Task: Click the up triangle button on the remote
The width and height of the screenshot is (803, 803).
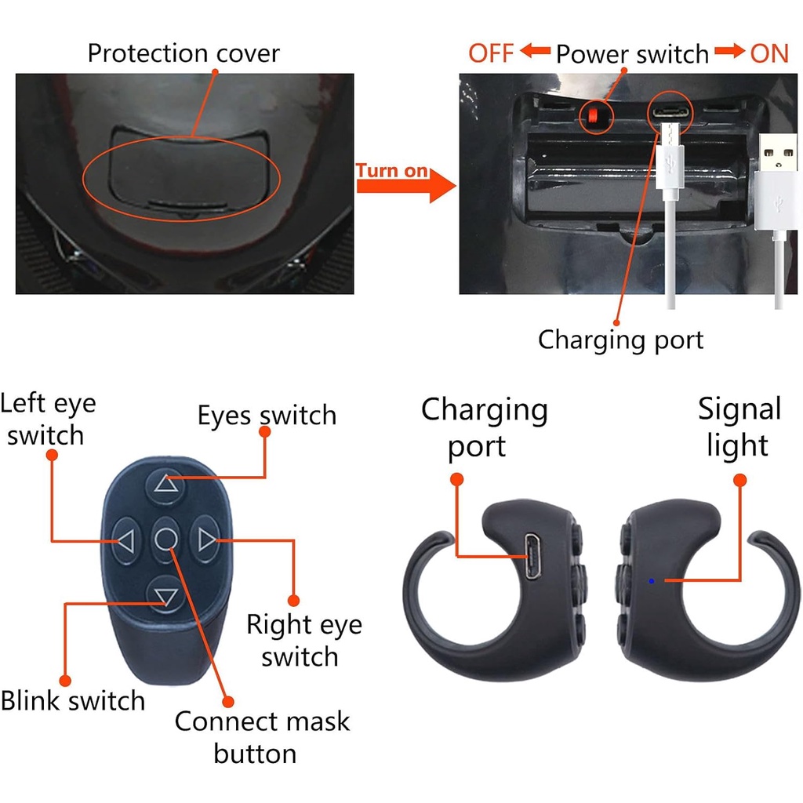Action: (166, 485)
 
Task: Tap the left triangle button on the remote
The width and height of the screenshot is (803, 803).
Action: (126, 541)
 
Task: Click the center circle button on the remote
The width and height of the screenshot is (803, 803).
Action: (166, 540)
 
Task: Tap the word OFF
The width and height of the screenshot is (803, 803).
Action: (491, 53)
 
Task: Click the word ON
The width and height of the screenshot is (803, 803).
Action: (769, 53)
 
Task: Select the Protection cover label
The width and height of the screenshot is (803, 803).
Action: (183, 53)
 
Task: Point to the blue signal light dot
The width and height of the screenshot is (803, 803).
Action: (652, 581)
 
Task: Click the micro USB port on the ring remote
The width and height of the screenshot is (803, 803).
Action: (532, 557)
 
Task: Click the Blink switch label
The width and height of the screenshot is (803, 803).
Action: (73, 700)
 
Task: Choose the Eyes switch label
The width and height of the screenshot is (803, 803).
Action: (267, 416)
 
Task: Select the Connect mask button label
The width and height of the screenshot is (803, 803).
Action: (262, 737)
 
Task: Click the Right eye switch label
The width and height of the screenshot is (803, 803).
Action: (304, 640)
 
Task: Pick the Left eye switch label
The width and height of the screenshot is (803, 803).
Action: (48, 419)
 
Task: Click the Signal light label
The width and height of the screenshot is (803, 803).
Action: (739, 427)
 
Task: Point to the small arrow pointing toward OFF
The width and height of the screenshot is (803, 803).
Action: (535, 51)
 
